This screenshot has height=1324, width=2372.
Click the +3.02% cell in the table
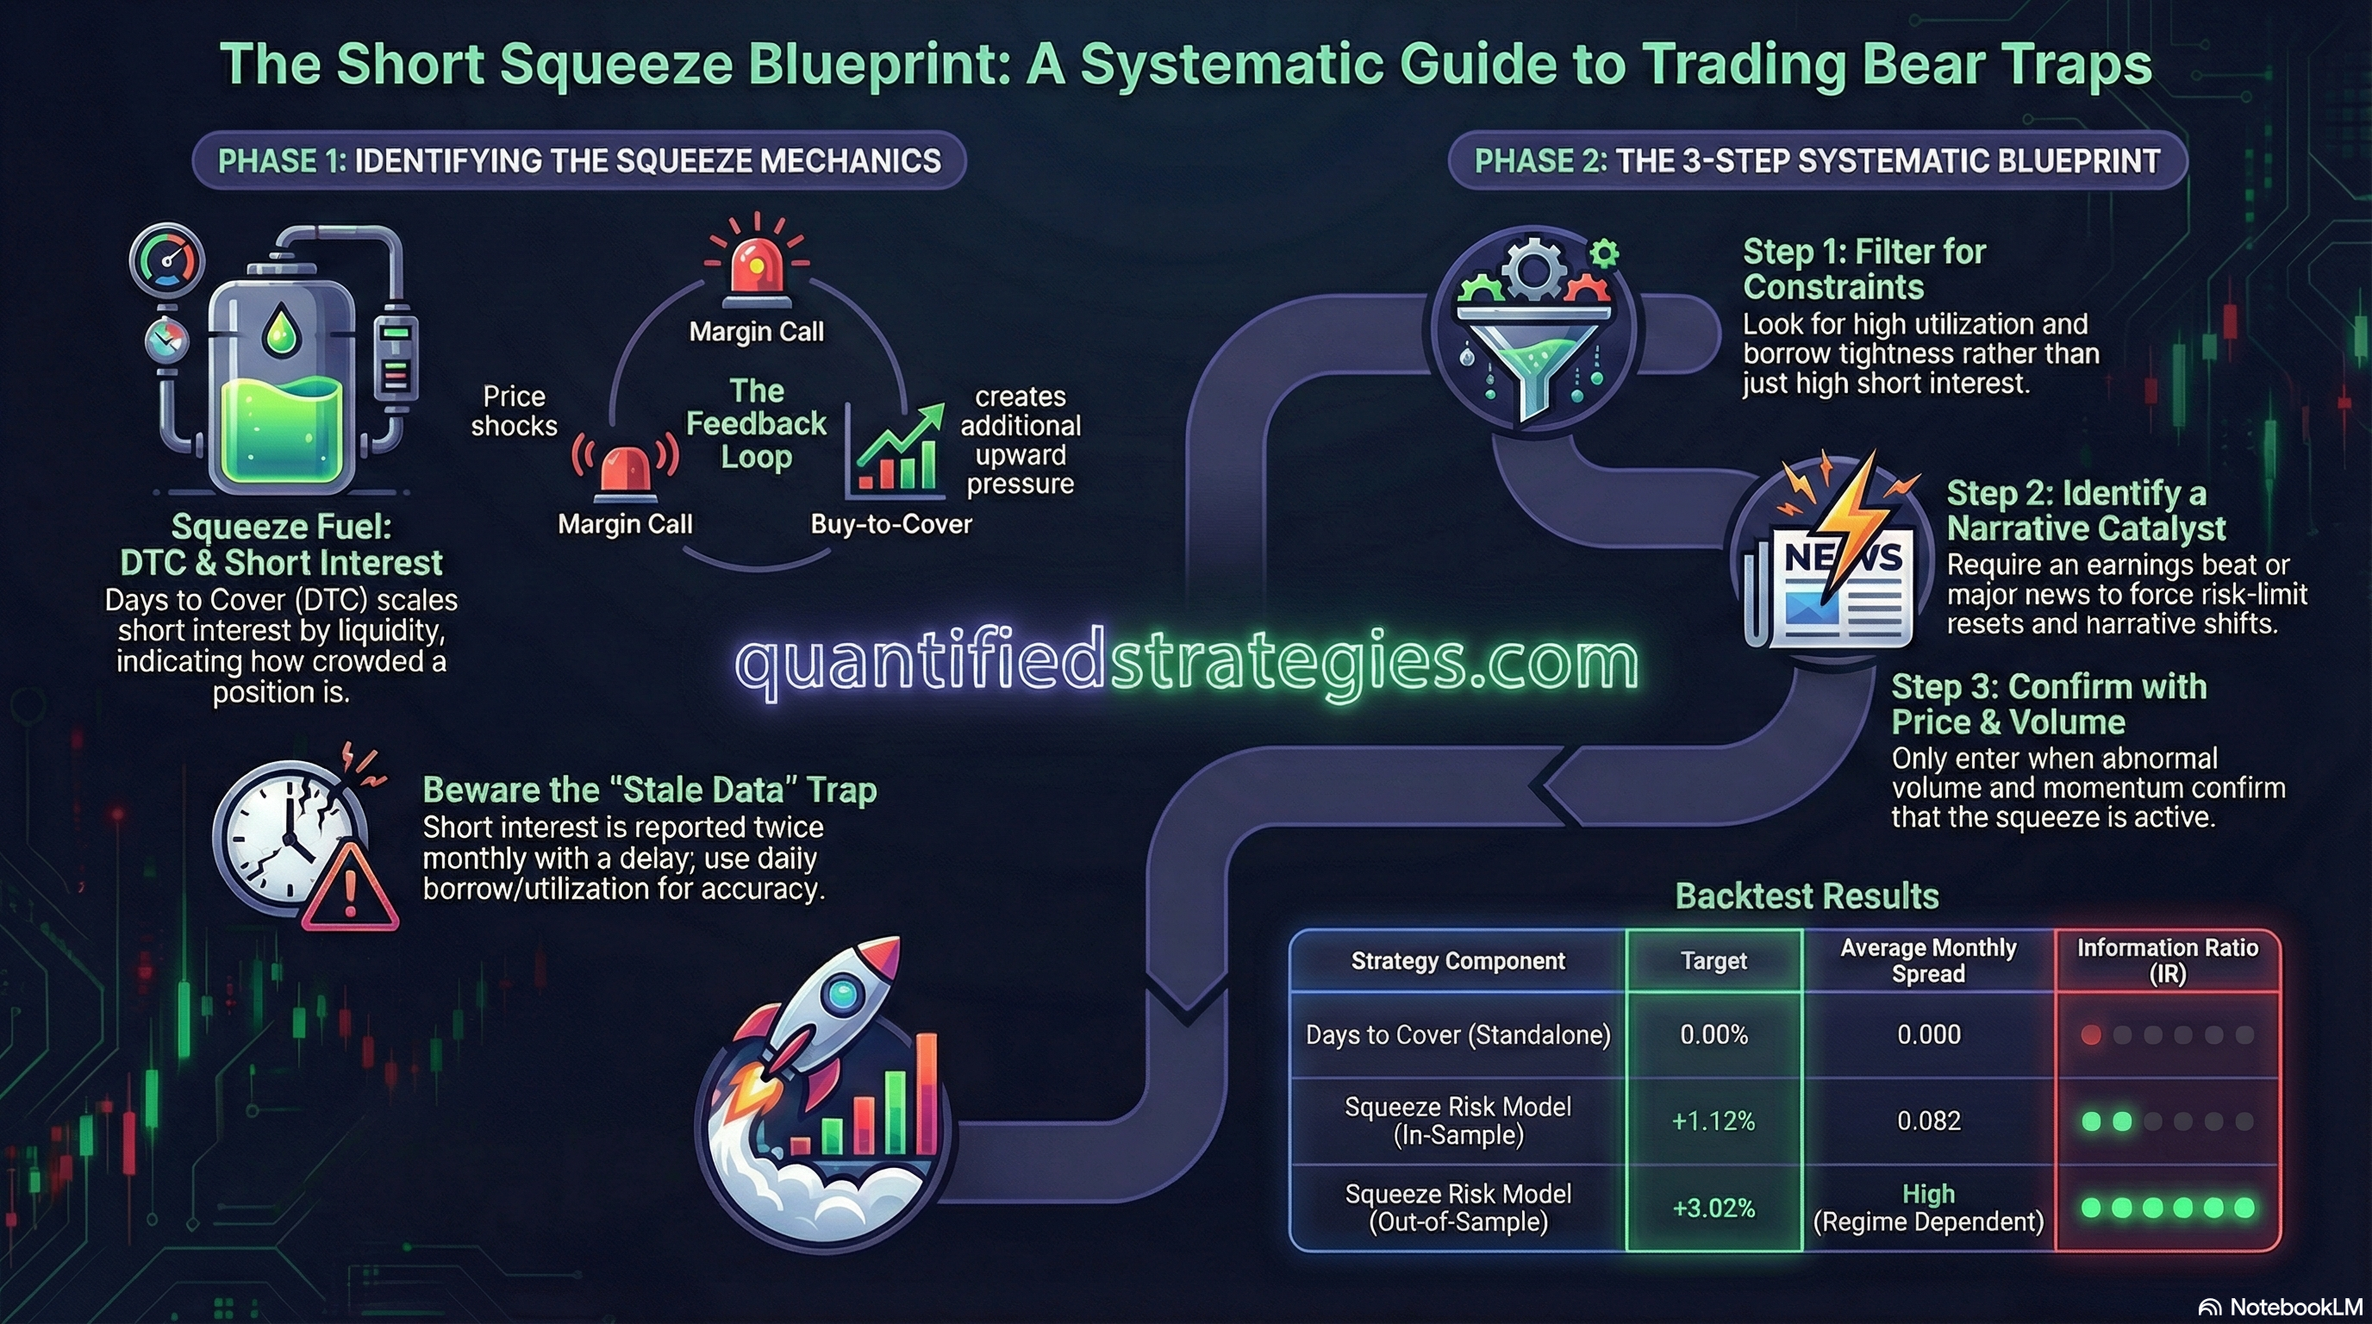click(1713, 1207)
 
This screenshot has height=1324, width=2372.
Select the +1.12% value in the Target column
click(1713, 1121)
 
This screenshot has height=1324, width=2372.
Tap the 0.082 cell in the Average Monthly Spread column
click(1928, 1121)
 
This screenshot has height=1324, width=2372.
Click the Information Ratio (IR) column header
click(2167, 960)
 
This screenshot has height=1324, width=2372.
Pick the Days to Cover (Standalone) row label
click(1458, 1035)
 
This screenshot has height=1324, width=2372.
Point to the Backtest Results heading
click(1807, 896)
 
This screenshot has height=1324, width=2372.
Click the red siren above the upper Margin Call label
click(756, 267)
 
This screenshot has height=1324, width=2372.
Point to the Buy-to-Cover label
click(890, 524)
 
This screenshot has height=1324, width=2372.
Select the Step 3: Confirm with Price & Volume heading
click(2048, 703)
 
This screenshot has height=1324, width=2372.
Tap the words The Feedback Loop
click(756, 423)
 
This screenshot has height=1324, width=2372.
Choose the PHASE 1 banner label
click(579, 161)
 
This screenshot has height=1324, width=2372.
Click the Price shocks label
click(514, 410)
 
